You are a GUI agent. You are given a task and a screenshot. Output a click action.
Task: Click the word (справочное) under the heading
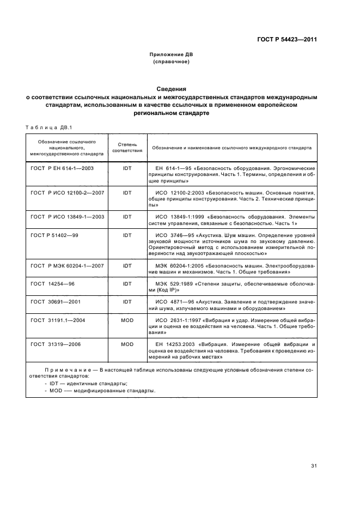click(x=172, y=62)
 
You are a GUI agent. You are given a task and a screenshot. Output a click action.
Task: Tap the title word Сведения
click(x=172, y=88)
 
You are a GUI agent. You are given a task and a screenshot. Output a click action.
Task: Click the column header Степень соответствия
click(x=127, y=147)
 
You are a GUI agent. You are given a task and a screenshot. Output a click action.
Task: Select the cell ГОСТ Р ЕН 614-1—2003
click(x=63, y=169)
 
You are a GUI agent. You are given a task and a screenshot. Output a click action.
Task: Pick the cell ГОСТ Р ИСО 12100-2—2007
click(x=66, y=193)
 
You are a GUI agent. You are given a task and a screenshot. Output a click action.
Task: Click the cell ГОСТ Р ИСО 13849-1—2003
click(x=66, y=216)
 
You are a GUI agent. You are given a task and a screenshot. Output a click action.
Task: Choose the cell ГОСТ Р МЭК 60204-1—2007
click(x=68, y=265)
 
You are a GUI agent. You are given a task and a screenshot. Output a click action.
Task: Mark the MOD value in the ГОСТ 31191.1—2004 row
click(x=127, y=320)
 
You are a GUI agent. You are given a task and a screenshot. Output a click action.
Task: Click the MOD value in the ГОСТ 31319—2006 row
click(x=127, y=344)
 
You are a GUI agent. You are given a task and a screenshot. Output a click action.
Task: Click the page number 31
click(x=314, y=466)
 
